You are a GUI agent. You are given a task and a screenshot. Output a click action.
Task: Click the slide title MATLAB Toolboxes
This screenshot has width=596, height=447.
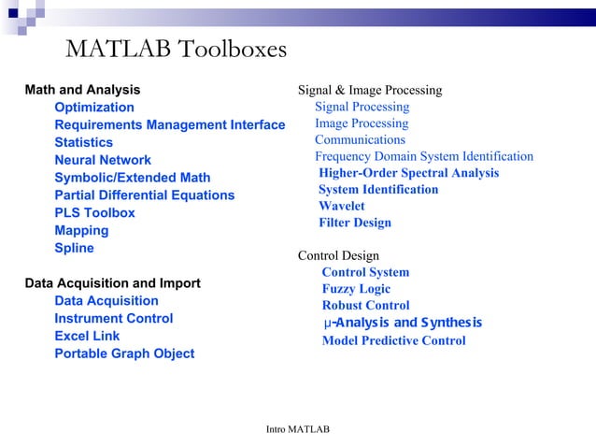(x=176, y=49)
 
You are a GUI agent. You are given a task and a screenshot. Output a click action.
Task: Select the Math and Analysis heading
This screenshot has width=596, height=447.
(x=82, y=90)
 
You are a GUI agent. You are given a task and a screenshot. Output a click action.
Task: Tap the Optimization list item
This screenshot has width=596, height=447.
(x=94, y=108)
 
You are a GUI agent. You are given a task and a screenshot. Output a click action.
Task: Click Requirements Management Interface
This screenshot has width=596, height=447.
(x=169, y=125)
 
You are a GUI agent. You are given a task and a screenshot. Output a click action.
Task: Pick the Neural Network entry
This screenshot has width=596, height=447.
(x=103, y=160)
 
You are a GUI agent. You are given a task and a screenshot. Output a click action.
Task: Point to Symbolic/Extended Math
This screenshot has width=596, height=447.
(x=132, y=178)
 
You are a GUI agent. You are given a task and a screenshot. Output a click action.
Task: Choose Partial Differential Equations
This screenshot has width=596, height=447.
(x=144, y=195)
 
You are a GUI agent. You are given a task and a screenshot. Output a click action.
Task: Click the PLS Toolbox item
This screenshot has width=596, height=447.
(x=94, y=213)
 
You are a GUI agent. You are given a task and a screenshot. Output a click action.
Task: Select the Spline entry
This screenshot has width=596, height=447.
(x=74, y=249)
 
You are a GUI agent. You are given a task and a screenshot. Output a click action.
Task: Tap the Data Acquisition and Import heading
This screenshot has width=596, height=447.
(x=112, y=283)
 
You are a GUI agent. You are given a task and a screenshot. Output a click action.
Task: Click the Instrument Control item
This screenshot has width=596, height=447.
(x=113, y=319)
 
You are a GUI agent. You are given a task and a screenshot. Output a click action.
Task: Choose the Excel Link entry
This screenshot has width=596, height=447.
(x=87, y=336)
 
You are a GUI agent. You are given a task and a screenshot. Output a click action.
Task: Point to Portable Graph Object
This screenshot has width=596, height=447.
(x=124, y=353)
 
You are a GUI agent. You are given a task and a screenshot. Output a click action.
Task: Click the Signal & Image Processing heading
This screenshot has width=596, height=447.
(x=369, y=91)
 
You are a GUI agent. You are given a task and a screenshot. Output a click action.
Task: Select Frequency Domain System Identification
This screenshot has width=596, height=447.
(x=423, y=156)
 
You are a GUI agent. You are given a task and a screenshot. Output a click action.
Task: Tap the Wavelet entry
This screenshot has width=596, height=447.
(x=341, y=206)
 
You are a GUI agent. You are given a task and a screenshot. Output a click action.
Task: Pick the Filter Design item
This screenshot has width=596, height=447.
(x=354, y=223)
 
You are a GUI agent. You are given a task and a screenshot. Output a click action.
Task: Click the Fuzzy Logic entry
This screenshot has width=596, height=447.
(x=356, y=289)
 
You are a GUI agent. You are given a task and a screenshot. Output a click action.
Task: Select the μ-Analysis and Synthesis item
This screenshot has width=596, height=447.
(x=402, y=324)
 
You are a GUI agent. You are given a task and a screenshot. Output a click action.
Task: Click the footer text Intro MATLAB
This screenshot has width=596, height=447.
(x=297, y=429)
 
